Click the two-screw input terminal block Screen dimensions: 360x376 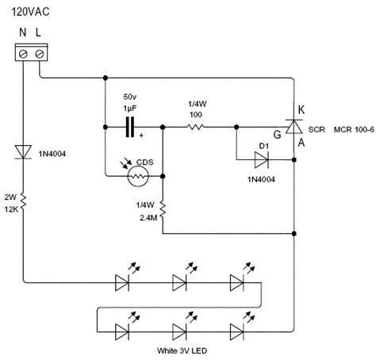(x=29, y=53)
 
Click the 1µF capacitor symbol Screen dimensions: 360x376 (x=130, y=125)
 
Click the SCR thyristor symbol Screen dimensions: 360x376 (x=294, y=125)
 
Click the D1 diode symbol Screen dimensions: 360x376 (x=260, y=159)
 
